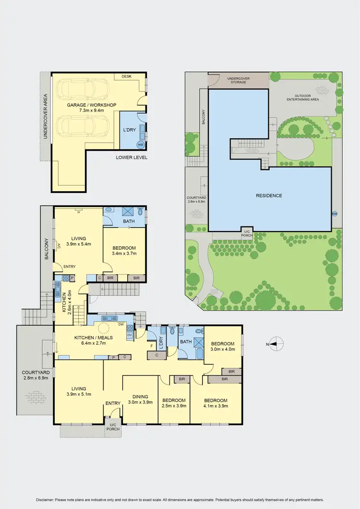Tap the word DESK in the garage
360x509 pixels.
127,76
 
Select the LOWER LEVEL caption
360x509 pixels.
132,158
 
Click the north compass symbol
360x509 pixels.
274,344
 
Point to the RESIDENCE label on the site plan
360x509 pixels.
269,195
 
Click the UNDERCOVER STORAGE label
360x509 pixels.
237,80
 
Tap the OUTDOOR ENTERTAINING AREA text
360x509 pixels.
303,97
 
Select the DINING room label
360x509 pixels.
140,397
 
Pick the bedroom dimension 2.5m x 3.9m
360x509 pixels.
173,406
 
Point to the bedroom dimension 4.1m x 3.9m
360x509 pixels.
216,406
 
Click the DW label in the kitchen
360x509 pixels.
120,324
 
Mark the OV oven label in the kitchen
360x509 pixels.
129,334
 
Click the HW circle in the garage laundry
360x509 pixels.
141,144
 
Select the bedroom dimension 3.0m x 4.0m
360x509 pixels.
223,350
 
